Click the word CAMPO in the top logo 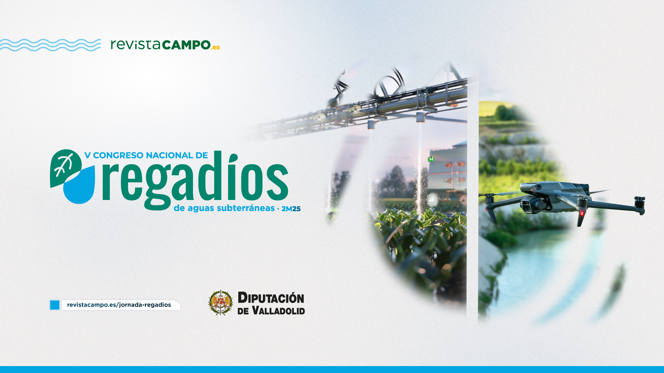pos(186,45)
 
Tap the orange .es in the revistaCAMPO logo pos(215,47)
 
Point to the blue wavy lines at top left pos(50,45)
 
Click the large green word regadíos pos(195,180)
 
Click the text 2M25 pos(291,209)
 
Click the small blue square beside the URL pos(55,305)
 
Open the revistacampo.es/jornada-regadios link pos(119,305)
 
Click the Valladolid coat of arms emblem pos(220,303)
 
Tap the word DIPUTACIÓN pos(271,298)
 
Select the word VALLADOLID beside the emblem pos(278,310)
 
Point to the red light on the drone pos(582,213)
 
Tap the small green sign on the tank pos(431,159)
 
